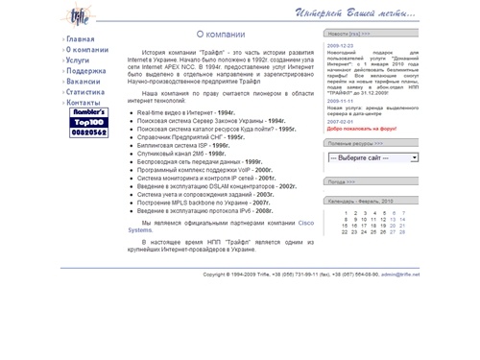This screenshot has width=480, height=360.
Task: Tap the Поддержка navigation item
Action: pos(86,71)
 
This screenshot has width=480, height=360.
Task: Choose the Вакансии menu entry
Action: pos(84,82)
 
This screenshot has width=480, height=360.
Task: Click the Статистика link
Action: pos(87,92)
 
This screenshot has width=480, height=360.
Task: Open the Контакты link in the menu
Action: pos(84,102)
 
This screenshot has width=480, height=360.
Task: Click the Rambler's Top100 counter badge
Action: pos(89,126)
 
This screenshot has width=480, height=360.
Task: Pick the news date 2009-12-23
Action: pos(340,44)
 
